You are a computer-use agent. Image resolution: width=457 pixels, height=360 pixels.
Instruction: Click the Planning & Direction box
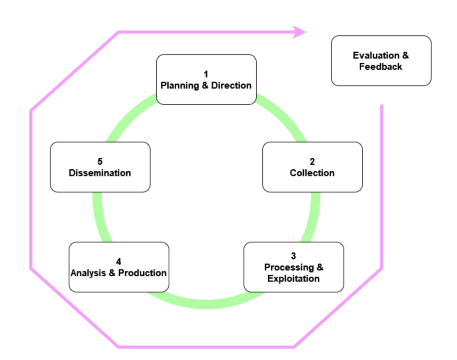pyautogui.click(x=206, y=80)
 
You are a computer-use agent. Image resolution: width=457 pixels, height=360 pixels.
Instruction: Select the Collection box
pyautogui.click(x=312, y=167)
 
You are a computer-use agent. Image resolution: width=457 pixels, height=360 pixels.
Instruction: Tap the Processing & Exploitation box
pyautogui.click(x=294, y=267)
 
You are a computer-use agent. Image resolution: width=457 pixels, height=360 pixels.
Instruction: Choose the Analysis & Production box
pyautogui.click(x=119, y=267)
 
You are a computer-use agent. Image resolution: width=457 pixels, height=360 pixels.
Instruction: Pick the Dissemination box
pyautogui.click(x=100, y=167)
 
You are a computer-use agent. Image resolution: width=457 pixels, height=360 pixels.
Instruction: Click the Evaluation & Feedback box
pyautogui.click(x=381, y=61)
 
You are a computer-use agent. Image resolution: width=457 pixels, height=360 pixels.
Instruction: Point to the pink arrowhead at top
pyautogui.click(x=300, y=32)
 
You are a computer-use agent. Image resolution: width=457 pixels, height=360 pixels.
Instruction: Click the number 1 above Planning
pyautogui.click(x=206, y=74)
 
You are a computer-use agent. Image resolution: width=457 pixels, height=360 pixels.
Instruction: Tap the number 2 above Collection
pyautogui.click(x=312, y=161)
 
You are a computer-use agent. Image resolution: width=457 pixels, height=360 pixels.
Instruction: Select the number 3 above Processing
pyautogui.click(x=293, y=256)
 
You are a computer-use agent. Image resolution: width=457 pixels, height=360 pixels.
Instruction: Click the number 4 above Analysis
pyautogui.click(x=118, y=262)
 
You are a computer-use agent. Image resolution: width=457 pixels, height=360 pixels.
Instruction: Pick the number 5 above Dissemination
pyautogui.click(x=100, y=161)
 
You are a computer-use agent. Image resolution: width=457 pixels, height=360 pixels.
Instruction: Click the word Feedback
pyautogui.click(x=381, y=67)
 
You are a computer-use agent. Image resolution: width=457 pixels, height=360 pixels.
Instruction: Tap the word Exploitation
pyautogui.click(x=294, y=279)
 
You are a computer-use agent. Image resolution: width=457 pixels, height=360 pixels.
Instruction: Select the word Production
pyautogui.click(x=142, y=273)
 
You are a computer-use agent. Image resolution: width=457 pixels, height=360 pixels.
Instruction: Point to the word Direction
pyautogui.click(x=231, y=85)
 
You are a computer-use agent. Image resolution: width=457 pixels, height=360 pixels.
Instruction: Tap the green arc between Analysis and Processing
pyautogui.click(x=206, y=304)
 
